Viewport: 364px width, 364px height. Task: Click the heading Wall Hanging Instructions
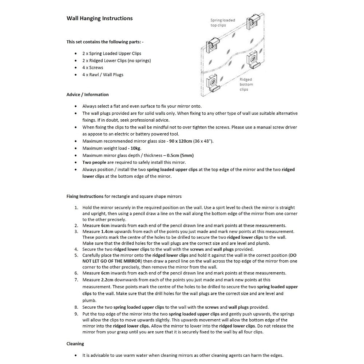(99, 18)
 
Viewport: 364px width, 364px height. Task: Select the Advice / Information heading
(87, 95)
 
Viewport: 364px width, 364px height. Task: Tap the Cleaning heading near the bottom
(75, 344)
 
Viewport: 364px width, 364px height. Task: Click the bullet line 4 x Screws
(92, 68)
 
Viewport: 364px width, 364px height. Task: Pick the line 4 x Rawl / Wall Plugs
(103, 75)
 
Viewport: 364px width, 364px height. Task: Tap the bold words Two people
(94, 162)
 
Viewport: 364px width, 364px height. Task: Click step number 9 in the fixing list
(76, 314)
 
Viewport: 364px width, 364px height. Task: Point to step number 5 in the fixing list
(76, 256)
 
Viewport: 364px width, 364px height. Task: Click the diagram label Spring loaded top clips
(222, 23)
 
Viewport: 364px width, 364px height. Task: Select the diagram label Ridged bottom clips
(246, 84)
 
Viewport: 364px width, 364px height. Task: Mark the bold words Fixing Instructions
(85, 197)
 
